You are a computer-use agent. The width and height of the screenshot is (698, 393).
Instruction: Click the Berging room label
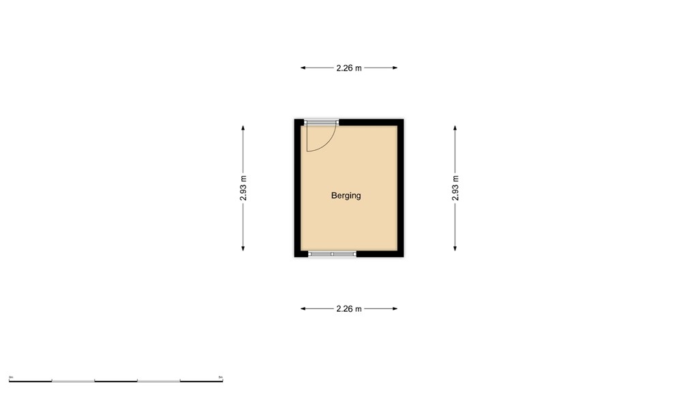pyautogui.click(x=346, y=196)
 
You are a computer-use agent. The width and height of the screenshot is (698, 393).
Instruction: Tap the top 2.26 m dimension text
pyautogui.click(x=348, y=68)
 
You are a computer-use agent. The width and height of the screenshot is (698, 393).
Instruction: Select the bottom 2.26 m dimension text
pyautogui.click(x=348, y=309)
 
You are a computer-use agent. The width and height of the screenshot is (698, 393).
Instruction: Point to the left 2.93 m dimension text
pyautogui.click(x=243, y=188)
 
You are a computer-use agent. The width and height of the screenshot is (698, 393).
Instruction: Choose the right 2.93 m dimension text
pyautogui.click(x=455, y=188)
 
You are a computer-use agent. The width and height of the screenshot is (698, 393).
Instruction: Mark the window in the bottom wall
pyautogui.click(x=332, y=254)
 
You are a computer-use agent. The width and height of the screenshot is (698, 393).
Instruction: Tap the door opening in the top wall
pyautogui.click(x=321, y=122)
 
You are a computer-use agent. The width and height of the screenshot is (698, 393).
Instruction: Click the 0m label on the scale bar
pyautogui.click(x=12, y=376)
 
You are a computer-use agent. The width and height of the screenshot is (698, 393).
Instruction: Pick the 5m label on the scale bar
pyautogui.click(x=220, y=376)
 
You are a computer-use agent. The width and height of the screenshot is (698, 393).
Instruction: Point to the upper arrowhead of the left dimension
pyautogui.click(x=243, y=128)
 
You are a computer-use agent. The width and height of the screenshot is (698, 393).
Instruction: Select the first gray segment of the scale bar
pyautogui.click(x=73, y=380)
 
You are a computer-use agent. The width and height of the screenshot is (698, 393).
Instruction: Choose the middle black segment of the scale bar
pyautogui.click(x=115, y=380)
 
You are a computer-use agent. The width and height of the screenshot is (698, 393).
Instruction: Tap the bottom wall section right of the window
pyautogui.click(x=379, y=254)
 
